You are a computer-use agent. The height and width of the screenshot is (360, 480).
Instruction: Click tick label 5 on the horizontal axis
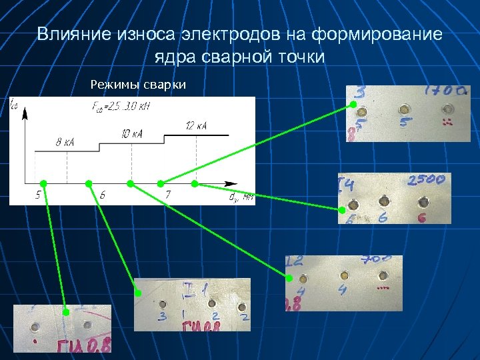tap(39, 195)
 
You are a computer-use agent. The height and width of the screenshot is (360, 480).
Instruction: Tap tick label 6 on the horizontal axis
tap(102, 195)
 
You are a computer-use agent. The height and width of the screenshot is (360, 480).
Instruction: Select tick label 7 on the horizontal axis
tap(168, 195)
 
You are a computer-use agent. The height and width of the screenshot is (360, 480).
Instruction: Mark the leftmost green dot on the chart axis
tap(43, 183)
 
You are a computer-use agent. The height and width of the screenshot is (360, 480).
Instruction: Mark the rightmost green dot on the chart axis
tap(195, 183)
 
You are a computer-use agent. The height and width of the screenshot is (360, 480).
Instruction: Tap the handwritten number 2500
tap(427, 181)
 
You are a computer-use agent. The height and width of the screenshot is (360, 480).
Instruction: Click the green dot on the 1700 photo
tap(353, 105)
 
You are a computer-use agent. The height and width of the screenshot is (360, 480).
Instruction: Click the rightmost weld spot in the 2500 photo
tap(423, 202)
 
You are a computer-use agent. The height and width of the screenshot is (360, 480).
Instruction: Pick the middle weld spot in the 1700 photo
tap(404, 110)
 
